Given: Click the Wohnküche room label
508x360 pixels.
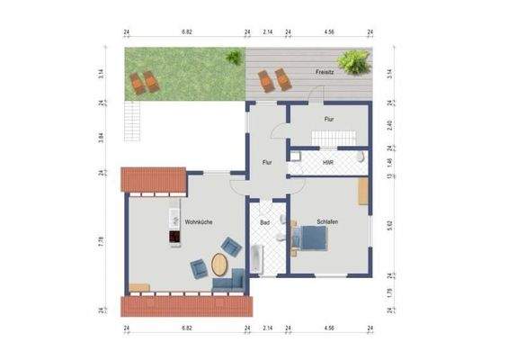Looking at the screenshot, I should (x=198, y=221).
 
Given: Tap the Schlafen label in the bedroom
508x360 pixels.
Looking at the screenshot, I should (x=326, y=221).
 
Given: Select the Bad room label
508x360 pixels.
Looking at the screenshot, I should (x=265, y=221).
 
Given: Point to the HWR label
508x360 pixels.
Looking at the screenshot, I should (x=328, y=163).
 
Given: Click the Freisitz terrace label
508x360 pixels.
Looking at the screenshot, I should (x=325, y=71).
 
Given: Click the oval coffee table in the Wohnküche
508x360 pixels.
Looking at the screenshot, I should (x=220, y=266).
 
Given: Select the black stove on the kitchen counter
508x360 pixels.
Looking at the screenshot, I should (x=173, y=238).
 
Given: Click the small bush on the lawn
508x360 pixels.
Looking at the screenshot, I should (x=233, y=56).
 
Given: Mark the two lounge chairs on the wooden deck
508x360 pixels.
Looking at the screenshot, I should (x=273, y=80).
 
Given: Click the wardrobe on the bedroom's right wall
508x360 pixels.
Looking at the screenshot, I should (x=362, y=192).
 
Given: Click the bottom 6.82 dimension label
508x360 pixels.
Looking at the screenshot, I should (x=187, y=330).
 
